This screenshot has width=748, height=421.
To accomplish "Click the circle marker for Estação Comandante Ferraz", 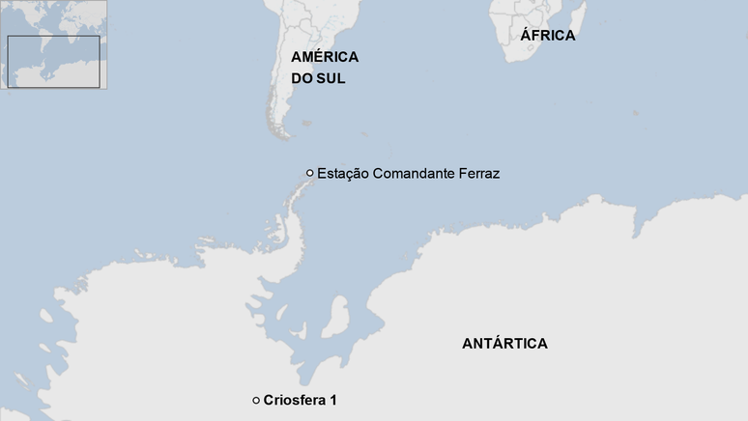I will pyautogui.click(x=309, y=173).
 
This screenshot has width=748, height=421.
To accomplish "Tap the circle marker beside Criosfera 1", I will pyautogui.click(x=255, y=400).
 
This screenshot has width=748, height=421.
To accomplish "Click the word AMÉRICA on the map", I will pyautogui.click(x=325, y=57).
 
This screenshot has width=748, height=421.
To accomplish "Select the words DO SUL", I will pyautogui.click(x=318, y=79).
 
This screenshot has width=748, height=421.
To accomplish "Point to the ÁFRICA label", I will pyautogui.click(x=547, y=36).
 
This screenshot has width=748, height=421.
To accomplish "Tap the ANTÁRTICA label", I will pyautogui.click(x=504, y=344).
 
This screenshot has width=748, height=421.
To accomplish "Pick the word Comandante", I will pyautogui.click(x=413, y=174).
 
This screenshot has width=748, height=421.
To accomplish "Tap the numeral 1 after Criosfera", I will pyautogui.click(x=332, y=400).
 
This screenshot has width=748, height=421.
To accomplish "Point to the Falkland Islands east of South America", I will pyautogui.click(x=306, y=123).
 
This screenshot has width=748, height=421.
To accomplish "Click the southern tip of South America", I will pyautogui.click(x=281, y=132).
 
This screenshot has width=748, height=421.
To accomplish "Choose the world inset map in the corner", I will pyautogui.click(x=53, y=45).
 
